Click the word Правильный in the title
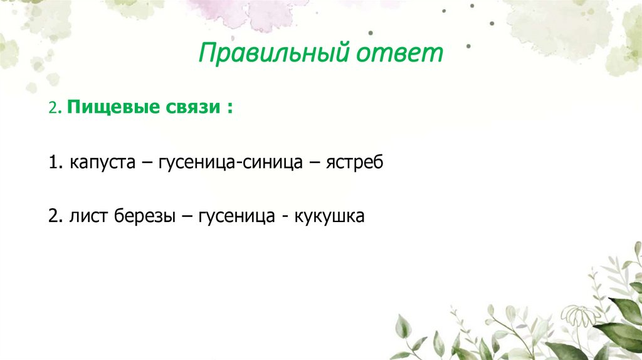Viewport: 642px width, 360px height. [273, 54]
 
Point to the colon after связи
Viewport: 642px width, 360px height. [231, 109]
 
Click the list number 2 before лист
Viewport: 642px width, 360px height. [53, 216]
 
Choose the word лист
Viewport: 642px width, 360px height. [88, 216]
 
